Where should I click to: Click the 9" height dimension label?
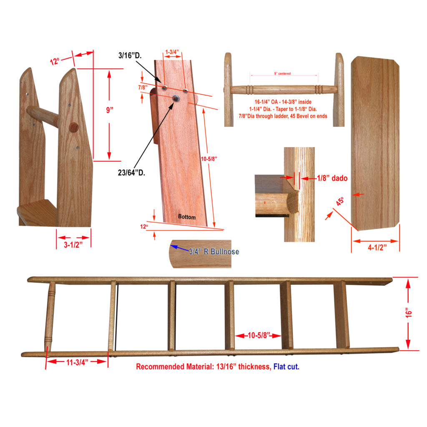pos(110,110)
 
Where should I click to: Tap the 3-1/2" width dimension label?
pos(73,244)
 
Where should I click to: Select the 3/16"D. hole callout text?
pos(130,55)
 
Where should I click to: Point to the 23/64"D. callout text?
pos(131,173)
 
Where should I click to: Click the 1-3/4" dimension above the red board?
pos(172,52)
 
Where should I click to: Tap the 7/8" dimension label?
pos(143,88)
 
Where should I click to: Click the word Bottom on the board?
pos(187,217)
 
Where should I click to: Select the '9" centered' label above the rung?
pos(282,73)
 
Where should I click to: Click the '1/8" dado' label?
pos(332,178)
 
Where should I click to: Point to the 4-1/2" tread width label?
pos(377,247)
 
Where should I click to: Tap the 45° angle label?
pos(340,201)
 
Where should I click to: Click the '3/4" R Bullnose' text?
pos(214,251)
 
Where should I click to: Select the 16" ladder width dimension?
pos(409,313)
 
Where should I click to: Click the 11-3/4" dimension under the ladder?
pos(77,362)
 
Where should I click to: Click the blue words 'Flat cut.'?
pos(286,367)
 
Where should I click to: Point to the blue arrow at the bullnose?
pos(179,248)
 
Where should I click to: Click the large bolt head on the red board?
pos(176,98)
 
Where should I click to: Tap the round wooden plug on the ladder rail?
pos(73,128)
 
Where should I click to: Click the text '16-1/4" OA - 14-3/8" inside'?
pos(283,102)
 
